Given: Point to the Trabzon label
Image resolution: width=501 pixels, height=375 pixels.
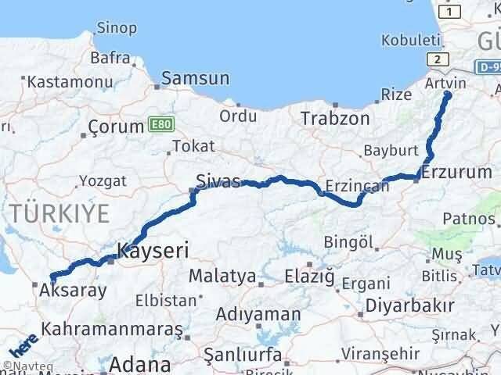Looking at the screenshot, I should (x=336, y=119).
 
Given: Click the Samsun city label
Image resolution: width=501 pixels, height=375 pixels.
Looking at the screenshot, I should (x=196, y=78).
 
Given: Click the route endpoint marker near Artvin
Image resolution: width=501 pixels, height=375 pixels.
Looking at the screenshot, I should (x=447, y=95).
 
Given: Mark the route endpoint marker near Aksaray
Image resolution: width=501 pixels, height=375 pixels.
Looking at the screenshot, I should (x=52, y=276).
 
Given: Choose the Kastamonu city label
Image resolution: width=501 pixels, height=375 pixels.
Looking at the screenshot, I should (x=59, y=80).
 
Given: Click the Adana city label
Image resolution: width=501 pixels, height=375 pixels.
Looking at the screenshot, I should (x=142, y=364).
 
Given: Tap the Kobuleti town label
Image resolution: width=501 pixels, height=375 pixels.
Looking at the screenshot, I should (x=407, y=40).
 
